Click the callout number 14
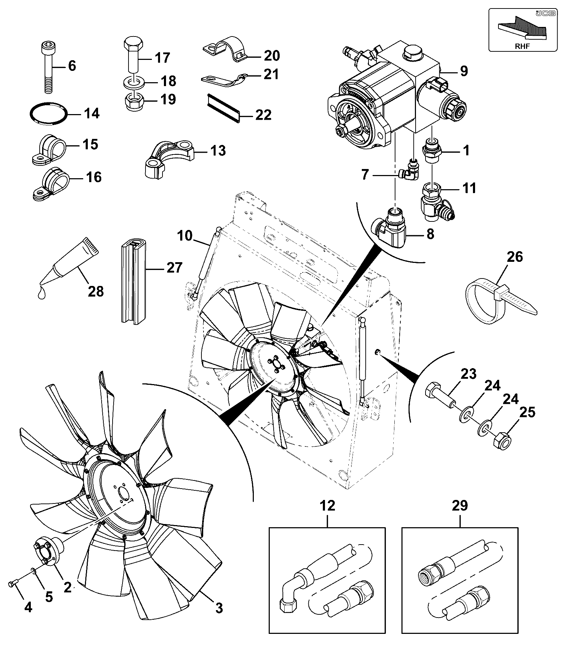92,114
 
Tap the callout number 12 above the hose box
327,505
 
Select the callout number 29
460,505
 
